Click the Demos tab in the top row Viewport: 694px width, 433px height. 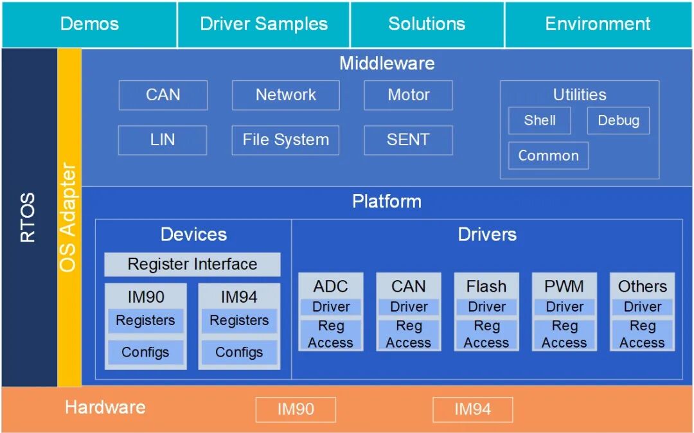pyautogui.click(x=89, y=24)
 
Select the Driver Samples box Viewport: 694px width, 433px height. pyautogui.click(x=264, y=24)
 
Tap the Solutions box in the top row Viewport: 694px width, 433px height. pyautogui.click(x=427, y=24)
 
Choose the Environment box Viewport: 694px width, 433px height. pyautogui.click(x=598, y=24)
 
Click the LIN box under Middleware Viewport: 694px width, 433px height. pyautogui.click(x=163, y=140)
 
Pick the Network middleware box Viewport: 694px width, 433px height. pyautogui.click(x=286, y=95)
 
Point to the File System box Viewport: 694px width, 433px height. pyautogui.click(x=285, y=140)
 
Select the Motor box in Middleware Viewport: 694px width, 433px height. pyautogui.click(x=409, y=95)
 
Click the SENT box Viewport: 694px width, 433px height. pyautogui.click(x=409, y=140)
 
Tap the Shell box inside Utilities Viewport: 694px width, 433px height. pyautogui.click(x=540, y=120)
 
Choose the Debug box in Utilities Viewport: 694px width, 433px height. pyautogui.click(x=618, y=120)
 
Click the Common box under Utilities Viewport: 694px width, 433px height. pyautogui.click(x=548, y=155)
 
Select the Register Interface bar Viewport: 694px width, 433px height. pyautogui.click(x=192, y=265)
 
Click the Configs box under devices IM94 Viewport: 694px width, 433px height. pyautogui.click(x=239, y=352)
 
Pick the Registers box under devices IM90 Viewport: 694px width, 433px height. pyautogui.click(x=146, y=321)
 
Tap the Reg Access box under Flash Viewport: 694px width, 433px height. pyautogui.click(x=486, y=334)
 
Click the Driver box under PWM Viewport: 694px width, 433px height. pyautogui.click(x=564, y=307)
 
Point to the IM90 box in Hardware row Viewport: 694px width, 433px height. pyautogui.click(x=296, y=410)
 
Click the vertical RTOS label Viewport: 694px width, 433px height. pyautogui.click(x=28, y=217)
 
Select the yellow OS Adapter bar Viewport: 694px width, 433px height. pyautogui.click(x=69, y=217)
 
